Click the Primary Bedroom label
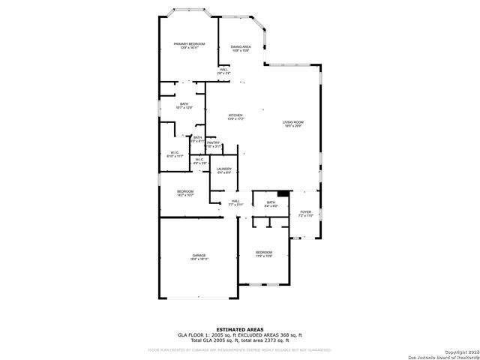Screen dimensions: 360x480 coord(189,44)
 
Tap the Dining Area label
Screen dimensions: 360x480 coord(241,46)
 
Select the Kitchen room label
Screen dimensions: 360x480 coord(235,115)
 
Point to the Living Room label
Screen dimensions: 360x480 coord(292,122)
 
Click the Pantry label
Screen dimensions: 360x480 coord(214,142)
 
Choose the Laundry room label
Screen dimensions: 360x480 coord(224,169)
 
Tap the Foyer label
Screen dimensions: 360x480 coord(305,212)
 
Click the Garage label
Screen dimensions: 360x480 coord(199,256)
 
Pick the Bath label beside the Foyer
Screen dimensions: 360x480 coord(271,202)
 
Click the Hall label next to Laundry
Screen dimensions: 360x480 coord(235,201)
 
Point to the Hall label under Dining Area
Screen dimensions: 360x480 coord(223,70)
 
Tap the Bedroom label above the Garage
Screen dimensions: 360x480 coord(185,191)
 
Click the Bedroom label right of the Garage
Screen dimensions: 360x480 coord(263,252)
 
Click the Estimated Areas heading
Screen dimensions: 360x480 coord(240,329)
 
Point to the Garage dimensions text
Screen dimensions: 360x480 coord(199,259)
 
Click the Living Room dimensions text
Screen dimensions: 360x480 coord(292,126)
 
